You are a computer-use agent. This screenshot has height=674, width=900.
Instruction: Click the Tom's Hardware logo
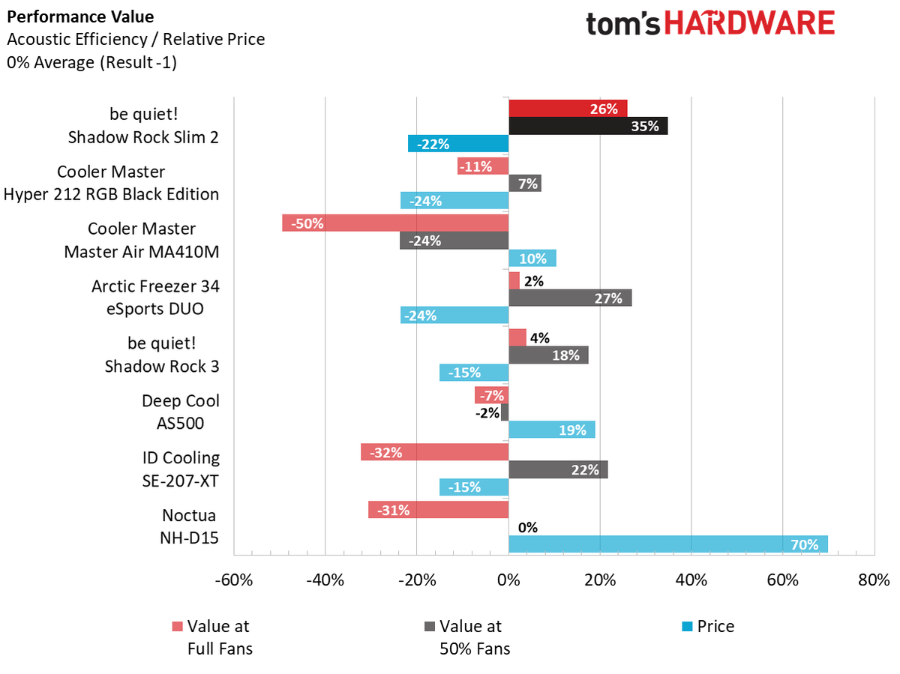coord(709,24)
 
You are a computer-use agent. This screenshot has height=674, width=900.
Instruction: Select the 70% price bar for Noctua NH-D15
coord(667,544)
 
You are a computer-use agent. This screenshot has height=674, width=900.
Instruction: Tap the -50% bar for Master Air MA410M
coord(395,223)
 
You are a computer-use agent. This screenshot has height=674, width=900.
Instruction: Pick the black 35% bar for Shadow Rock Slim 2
coord(588,126)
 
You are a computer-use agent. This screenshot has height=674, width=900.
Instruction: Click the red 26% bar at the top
coord(568,109)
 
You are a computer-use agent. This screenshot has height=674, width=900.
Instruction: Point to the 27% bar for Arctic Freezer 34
coord(570,298)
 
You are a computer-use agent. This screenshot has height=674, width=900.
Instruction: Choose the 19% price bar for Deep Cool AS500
coord(551,430)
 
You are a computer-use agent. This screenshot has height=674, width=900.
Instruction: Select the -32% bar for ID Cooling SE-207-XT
coord(434,452)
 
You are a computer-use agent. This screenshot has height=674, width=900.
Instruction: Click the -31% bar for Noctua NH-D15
coord(438,510)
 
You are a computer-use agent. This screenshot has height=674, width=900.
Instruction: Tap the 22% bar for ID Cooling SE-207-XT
coord(558,469)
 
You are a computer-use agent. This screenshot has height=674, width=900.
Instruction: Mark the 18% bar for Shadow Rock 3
coord(548,355)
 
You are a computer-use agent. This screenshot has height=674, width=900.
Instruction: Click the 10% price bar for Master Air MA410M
coord(532,258)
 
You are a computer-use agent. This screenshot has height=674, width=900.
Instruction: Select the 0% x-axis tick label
coord(508,580)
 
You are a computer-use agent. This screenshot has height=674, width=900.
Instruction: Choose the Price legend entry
coord(707,626)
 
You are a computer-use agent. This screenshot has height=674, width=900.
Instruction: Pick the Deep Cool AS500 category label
coord(181,412)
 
